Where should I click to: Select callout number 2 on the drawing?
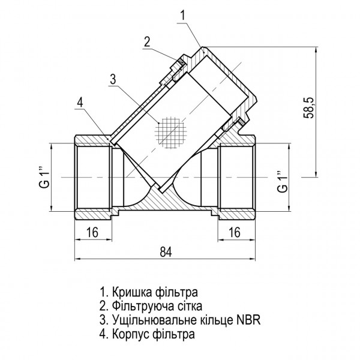(146, 41)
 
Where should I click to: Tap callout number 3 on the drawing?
(112, 79)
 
